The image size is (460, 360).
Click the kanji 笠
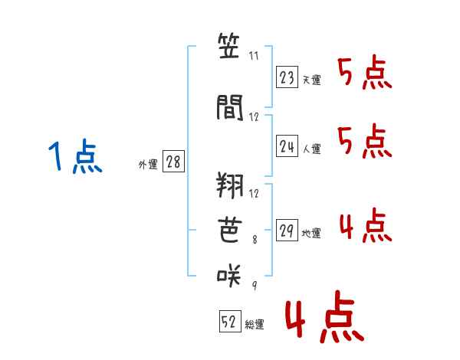pos(228,46)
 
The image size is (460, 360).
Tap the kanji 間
pos(230,107)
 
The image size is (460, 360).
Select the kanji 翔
pos(230,185)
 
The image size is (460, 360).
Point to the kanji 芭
pos(230,230)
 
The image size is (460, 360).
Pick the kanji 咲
pos(229,275)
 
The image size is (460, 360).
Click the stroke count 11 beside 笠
pos(254,56)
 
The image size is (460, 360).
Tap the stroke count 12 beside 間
pos(254,117)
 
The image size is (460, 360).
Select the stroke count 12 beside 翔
pos(254,194)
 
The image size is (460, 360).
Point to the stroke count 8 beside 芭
pos(255,240)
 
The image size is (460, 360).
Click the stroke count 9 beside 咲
pos(255,285)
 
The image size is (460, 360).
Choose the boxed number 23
pos(287,77)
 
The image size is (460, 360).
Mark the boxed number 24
pos(287,146)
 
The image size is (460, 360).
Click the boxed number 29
pos(287,230)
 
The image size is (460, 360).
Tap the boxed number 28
pos(173,161)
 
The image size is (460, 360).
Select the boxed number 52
pos(230,321)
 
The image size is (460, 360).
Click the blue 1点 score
pos(75,156)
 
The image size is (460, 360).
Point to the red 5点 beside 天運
pos(365,73)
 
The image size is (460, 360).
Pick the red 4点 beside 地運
pos(366,225)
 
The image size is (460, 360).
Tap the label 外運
pos(148,165)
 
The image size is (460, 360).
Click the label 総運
pos(255,325)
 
